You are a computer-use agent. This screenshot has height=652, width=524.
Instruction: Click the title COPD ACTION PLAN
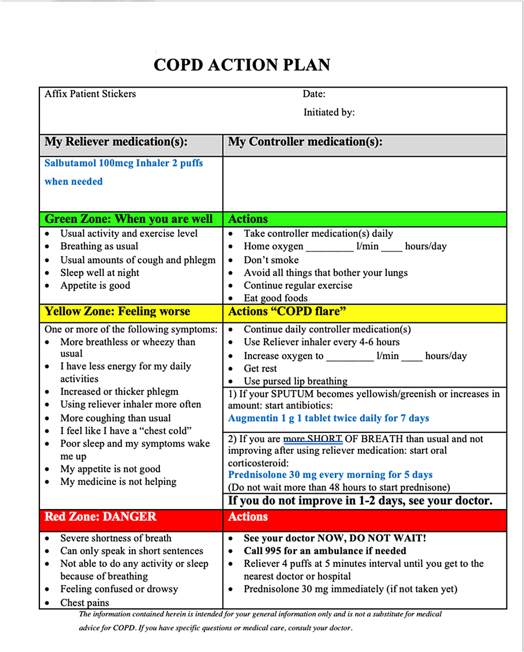pyautogui.click(x=241, y=65)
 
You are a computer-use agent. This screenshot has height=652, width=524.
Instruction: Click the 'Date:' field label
pyautogui.click(x=314, y=95)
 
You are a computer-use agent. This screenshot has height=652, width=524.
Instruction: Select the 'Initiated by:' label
pyautogui.click(x=329, y=112)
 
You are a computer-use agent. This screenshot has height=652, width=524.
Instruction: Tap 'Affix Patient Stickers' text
pyautogui.click(x=90, y=94)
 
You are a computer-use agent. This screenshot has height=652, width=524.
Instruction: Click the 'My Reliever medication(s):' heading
pyautogui.click(x=116, y=142)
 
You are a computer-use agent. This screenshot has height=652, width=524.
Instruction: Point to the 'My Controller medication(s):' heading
pyautogui.click(x=305, y=142)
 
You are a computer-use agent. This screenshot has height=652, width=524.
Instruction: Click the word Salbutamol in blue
pyautogui.click(x=70, y=163)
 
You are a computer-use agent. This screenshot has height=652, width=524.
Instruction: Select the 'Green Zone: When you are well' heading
pyautogui.click(x=129, y=219)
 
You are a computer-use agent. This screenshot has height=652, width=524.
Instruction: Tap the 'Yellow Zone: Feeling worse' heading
pyautogui.click(x=117, y=311)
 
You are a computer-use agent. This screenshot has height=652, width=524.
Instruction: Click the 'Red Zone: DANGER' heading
pyautogui.click(x=100, y=517)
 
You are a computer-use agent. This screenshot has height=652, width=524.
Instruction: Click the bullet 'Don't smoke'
pyautogui.click(x=271, y=260)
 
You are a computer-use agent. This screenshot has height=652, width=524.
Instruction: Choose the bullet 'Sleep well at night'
pyautogui.click(x=99, y=272)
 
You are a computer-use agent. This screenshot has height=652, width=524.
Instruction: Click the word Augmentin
pyautogui.click(x=252, y=418)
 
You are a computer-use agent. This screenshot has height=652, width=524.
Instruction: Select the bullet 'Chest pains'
pyautogui.click(x=84, y=603)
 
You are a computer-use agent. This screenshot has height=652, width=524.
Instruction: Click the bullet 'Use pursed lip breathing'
pyautogui.click(x=295, y=381)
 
